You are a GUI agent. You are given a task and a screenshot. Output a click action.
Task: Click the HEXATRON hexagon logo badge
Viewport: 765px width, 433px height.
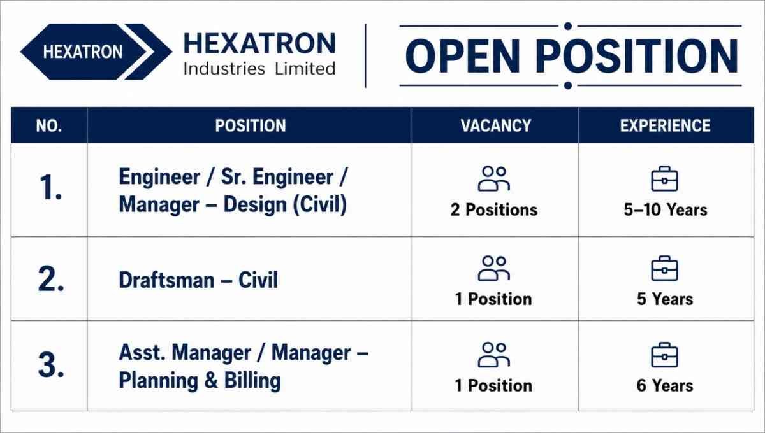96,52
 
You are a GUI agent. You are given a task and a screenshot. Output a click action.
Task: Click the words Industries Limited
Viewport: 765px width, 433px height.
259,69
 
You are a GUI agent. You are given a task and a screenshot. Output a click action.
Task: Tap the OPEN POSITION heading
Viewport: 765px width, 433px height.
572,56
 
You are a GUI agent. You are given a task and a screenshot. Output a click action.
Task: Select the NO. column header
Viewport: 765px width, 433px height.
49,125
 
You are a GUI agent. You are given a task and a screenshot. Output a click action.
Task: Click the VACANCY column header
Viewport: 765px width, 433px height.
495,125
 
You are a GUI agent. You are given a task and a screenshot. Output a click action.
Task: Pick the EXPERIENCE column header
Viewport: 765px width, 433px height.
666,125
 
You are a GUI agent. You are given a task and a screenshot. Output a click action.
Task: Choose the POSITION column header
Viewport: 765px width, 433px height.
251,125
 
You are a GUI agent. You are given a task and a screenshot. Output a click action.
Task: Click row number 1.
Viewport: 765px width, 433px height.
50,187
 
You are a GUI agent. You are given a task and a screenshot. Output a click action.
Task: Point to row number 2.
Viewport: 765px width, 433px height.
51,279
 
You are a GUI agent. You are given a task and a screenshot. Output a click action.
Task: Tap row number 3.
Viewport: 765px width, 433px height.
51,365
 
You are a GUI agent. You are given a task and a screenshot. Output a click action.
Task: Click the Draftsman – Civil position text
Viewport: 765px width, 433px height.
198,280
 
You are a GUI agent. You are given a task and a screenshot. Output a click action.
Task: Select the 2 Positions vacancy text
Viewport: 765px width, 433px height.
494,209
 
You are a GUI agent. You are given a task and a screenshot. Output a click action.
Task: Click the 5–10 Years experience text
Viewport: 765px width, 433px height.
666,209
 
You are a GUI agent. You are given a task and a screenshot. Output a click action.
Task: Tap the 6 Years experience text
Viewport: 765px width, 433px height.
664,386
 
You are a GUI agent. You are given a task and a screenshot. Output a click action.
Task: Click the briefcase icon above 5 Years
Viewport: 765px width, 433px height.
664,268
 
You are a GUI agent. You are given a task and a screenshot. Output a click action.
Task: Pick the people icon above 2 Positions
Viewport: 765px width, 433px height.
494,178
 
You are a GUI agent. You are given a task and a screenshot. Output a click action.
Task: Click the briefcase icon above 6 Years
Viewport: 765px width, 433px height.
664,355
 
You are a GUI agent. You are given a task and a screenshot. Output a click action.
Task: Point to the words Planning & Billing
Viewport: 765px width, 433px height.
200,380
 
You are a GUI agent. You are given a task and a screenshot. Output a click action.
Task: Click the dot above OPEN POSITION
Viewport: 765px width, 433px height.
568,26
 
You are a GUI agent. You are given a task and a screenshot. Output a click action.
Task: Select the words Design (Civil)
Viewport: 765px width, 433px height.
285,205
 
